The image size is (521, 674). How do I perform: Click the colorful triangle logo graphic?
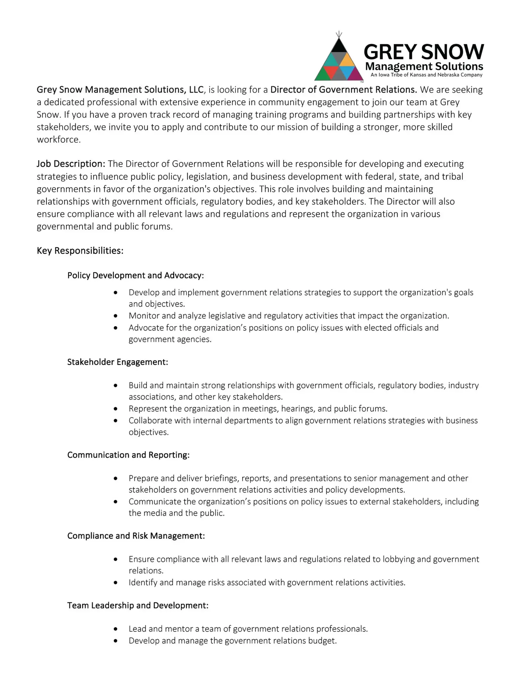pos(338,60)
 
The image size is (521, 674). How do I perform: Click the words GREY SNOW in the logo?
pos(424,52)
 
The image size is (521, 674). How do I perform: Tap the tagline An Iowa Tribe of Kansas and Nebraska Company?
pos(426,75)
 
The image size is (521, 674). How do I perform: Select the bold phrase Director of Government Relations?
pos(343,90)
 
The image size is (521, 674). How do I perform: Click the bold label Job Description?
pos(71,164)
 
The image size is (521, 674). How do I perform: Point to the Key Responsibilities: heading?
pos(80,251)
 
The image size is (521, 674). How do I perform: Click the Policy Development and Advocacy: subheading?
pos(136,276)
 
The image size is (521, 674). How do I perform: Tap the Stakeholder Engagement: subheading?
pos(118,362)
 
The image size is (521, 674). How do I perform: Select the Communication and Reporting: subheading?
pos(128,455)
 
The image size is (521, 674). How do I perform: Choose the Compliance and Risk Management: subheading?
pos(136,536)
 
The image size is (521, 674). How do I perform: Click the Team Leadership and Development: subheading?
pos(138,606)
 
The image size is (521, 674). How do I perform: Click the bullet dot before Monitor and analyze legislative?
pos(116,316)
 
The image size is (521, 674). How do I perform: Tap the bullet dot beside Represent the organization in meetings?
pos(116,409)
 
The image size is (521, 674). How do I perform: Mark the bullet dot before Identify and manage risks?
pos(116,583)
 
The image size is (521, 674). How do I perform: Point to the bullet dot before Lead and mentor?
pos(116,629)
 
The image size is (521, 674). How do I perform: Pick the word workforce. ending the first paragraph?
pos(59,140)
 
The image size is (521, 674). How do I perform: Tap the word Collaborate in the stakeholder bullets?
pos(150,421)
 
